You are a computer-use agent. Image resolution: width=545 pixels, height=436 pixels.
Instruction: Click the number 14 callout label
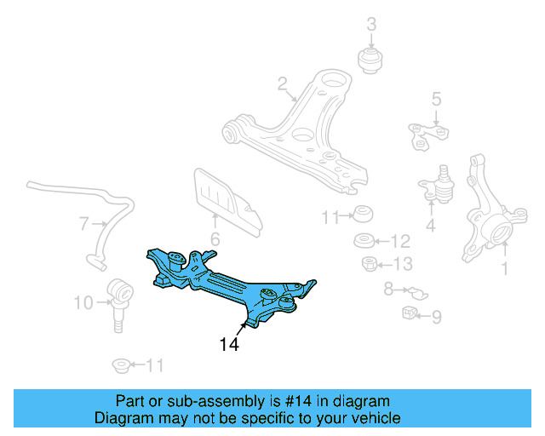click(228, 345)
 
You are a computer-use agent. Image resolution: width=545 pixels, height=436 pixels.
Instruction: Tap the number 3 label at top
click(371, 24)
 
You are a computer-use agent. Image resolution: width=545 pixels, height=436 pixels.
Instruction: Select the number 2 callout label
click(282, 83)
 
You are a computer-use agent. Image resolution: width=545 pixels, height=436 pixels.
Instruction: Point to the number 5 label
click(436, 100)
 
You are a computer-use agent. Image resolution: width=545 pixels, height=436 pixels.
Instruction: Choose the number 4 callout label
click(430, 226)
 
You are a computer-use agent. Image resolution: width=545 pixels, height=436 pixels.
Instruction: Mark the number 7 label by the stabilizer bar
click(83, 225)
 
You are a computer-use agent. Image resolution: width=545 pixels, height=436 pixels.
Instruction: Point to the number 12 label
click(400, 241)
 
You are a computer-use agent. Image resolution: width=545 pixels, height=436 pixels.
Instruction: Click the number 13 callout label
click(401, 264)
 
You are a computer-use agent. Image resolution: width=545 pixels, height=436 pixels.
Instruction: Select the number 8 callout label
click(388, 290)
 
